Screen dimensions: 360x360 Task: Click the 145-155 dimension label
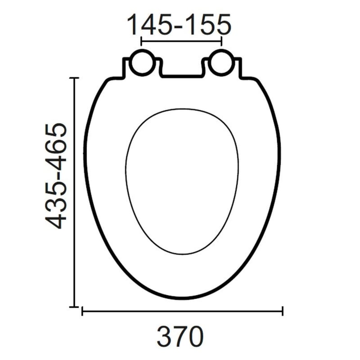tap(179, 24)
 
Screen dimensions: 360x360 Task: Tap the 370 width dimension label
tap(180, 337)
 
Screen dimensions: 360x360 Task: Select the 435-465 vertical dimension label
tap(56, 176)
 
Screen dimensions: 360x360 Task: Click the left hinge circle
tap(142, 63)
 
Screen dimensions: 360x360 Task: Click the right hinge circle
tap(221, 63)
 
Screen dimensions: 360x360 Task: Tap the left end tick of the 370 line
tap(82, 311)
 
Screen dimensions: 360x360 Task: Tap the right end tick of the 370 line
tap(283, 311)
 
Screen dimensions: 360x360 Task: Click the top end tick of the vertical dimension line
tap(74, 78)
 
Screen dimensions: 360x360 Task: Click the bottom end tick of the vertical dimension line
tap(74, 306)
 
